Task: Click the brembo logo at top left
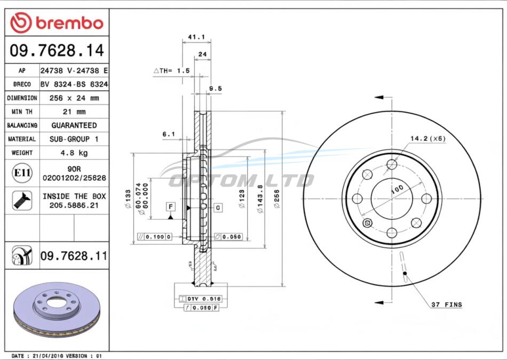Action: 57,23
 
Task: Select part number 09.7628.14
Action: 57,51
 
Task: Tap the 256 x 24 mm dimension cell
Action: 74,98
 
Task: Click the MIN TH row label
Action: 22,112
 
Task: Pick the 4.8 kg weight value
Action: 74,153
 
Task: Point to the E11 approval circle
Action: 22,173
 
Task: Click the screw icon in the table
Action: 22,201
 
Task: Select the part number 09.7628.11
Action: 74,256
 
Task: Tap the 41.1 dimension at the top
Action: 196,37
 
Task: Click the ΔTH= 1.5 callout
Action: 172,71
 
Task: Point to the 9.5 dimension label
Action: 216,89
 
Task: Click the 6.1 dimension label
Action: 169,134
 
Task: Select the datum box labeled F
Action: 171,207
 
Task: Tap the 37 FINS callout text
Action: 447,305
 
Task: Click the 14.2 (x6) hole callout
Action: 428,139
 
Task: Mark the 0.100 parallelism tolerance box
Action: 155,237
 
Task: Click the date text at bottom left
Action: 57,356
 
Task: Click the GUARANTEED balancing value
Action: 74,125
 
